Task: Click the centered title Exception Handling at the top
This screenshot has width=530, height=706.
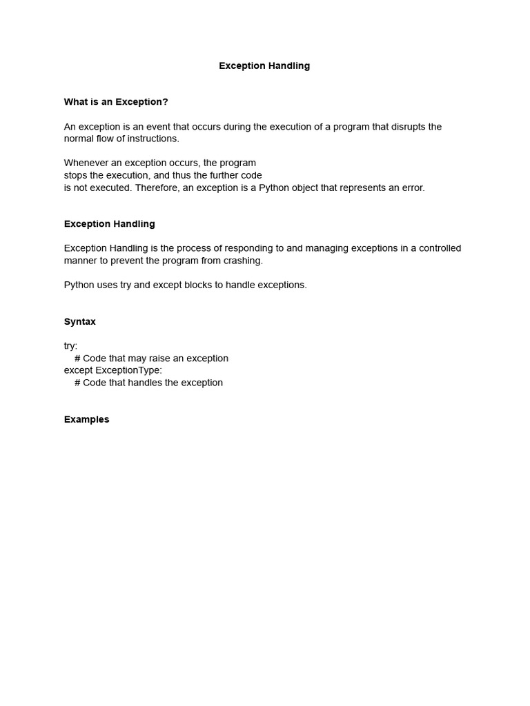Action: (264, 65)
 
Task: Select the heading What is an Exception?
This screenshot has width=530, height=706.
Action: (116, 102)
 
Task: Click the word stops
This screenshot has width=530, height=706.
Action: (76, 175)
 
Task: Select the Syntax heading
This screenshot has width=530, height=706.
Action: (80, 322)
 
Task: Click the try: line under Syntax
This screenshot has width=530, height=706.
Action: (71, 346)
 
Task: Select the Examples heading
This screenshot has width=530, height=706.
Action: (87, 419)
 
